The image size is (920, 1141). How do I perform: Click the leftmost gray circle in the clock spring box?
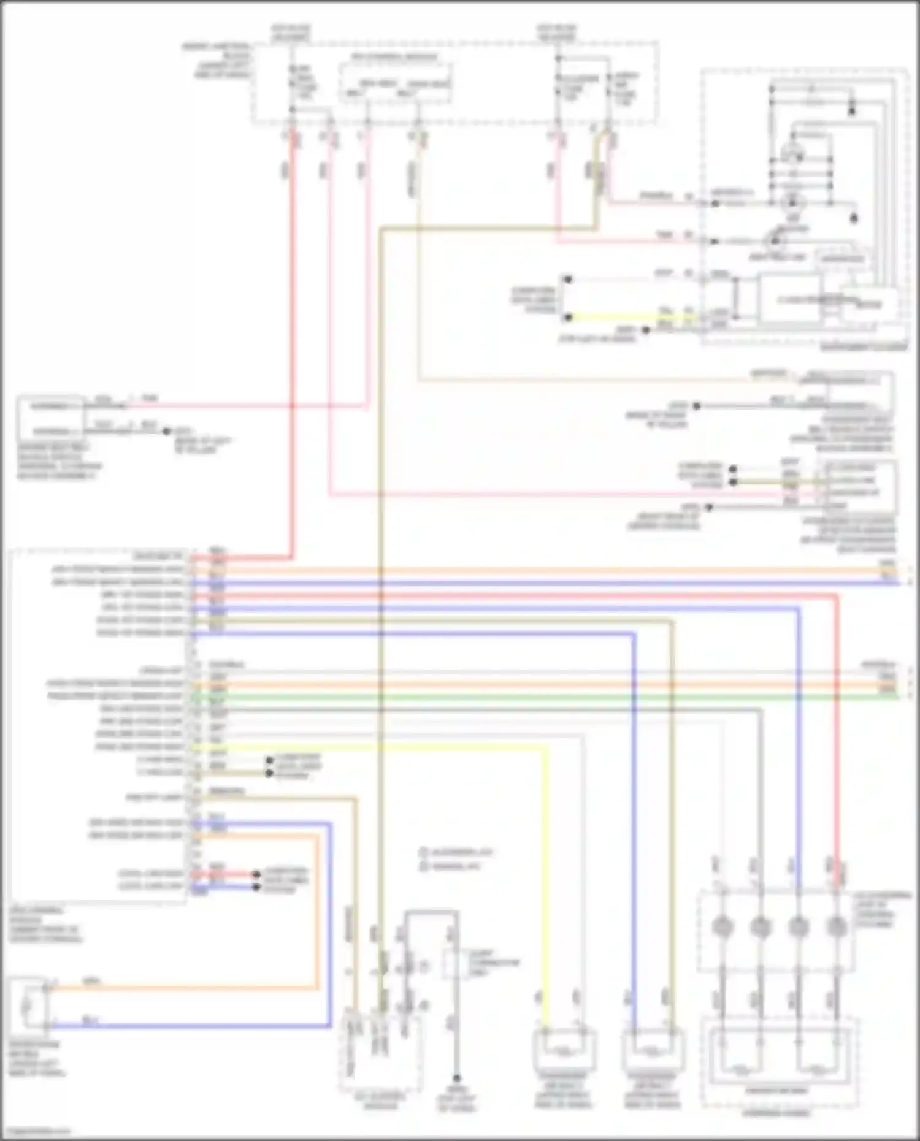click(x=722, y=926)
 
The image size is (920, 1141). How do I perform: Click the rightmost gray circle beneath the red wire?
click(x=835, y=926)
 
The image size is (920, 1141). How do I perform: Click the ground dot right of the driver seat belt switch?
click(x=166, y=431)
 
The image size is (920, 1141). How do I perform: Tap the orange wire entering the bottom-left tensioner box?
click(x=184, y=987)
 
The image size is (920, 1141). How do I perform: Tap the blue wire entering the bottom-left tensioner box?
click(x=184, y=1025)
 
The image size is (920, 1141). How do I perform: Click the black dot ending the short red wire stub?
click(x=256, y=875)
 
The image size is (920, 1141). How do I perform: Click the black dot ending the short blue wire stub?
click(x=256, y=887)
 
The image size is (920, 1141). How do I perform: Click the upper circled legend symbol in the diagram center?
click(x=423, y=852)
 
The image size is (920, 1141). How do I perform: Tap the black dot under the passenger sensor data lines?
click(x=708, y=508)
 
